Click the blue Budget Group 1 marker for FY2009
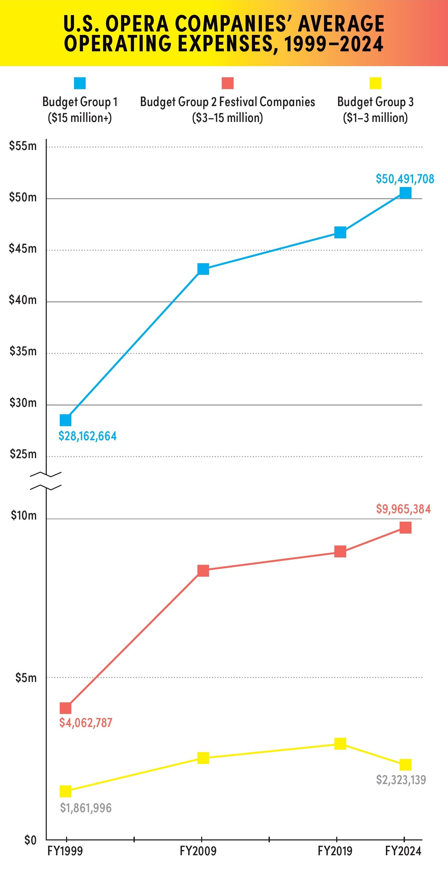point(203,269)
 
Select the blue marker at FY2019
point(340,233)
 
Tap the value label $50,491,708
point(405,179)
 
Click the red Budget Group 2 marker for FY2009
point(203,571)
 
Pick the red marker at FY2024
point(405,527)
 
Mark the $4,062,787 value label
point(86,723)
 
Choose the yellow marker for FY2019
point(340,744)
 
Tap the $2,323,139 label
point(401,780)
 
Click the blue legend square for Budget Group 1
point(80,83)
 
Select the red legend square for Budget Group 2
point(228,83)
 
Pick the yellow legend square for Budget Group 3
point(375,83)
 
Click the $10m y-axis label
point(24,516)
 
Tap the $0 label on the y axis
point(30,840)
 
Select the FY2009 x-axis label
point(198,851)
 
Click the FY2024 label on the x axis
point(403,851)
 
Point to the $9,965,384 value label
point(403,509)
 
